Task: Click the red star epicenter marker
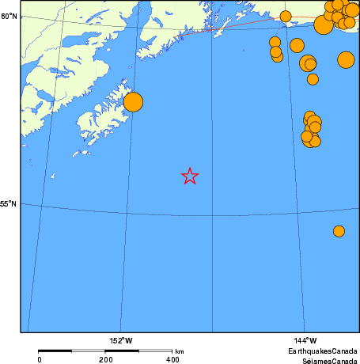(x=190, y=176)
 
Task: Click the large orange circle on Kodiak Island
(x=133, y=102)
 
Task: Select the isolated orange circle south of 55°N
(x=339, y=231)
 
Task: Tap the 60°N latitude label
(x=9, y=16)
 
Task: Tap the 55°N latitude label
(x=9, y=203)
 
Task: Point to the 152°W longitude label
(x=121, y=340)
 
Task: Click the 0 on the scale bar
(x=40, y=359)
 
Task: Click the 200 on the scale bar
(x=105, y=359)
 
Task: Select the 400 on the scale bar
(x=172, y=359)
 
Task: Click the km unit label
(x=180, y=351)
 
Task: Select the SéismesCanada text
(x=324, y=359)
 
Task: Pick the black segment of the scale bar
(x=72, y=351)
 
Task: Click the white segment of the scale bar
(x=138, y=351)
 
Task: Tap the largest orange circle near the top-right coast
(x=323, y=25)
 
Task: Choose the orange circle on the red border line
(x=286, y=17)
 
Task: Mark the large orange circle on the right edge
(x=346, y=59)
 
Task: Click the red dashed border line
(x=237, y=26)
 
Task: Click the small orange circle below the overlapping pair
(x=313, y=79)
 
